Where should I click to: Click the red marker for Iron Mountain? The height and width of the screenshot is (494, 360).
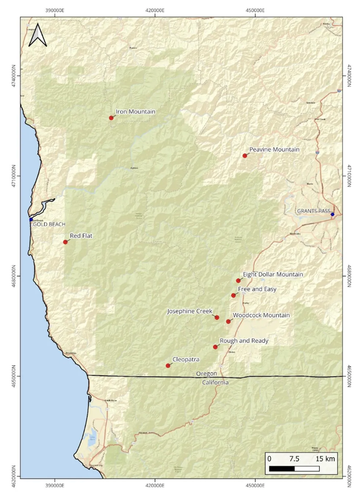[x=111, y=118]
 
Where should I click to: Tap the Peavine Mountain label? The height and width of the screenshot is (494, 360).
[x=274, y=149]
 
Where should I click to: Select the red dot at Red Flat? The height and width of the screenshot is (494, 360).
[x=65, y=242]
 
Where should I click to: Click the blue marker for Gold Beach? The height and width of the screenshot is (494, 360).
[x=31, y=219]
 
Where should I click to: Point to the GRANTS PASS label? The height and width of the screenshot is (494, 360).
[x=313, y=211]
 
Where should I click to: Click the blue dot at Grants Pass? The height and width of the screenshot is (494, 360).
[x=332, y=214]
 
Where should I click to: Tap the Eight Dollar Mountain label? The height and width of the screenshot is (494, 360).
[x=273, y=274]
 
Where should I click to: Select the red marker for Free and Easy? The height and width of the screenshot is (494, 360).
[x=234, y=295]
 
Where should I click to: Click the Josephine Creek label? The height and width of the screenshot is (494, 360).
[x=190, y=311]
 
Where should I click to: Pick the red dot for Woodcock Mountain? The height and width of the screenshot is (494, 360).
[x=228, y=322]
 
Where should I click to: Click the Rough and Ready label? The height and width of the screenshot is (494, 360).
[x=244, y=341]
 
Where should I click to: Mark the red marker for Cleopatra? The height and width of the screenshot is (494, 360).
[x=168, y=366]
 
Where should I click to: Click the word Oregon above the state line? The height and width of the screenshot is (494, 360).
[x=206, y=374]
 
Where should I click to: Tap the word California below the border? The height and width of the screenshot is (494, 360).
[x=215, y=382]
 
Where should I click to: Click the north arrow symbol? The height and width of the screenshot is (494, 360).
[x=38, y=36]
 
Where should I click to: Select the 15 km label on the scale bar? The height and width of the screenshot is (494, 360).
[x=325, y=459]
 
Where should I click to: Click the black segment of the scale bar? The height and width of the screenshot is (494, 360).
[x=282, y=469]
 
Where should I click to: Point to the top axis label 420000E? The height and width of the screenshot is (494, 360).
[x=155, y=10]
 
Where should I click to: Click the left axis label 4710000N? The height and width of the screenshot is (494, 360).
[x=14, y=176]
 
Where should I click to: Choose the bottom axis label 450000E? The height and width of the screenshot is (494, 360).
[x=255, y=485]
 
